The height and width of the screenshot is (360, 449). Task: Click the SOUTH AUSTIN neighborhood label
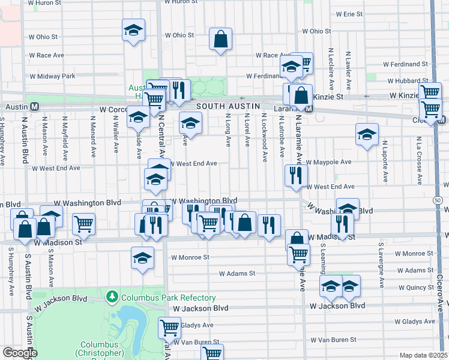pyautogui.click(x=222, y=106)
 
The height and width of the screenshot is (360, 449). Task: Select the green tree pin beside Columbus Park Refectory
pyautogui.click(x=112, y=296)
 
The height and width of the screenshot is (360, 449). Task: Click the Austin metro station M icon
pyautogui.click(x=35, y=106)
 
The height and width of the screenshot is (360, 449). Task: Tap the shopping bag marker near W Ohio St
pyautogui.click(x=221, y=40)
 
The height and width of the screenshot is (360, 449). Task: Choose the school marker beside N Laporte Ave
pyautogui.click(x=366, y=135)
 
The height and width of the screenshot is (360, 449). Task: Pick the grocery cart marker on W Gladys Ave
pyautogui.click(x=170, y=328)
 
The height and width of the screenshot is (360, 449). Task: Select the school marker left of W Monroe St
pyautogui.click(x=142, y=259)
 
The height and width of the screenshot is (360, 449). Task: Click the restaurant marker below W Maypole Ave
pyautogui.click(x=297, y=176)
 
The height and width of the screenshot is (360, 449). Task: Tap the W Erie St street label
pyautogui.click(x=349, y=14)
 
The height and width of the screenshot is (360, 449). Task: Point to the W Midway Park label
pyautogui.click(x=52, y=76)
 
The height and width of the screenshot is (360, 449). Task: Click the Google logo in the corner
pyautogui.click(x=20, y=353)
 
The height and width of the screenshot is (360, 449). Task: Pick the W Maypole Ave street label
pyautogui.click(x=328, y=162)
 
